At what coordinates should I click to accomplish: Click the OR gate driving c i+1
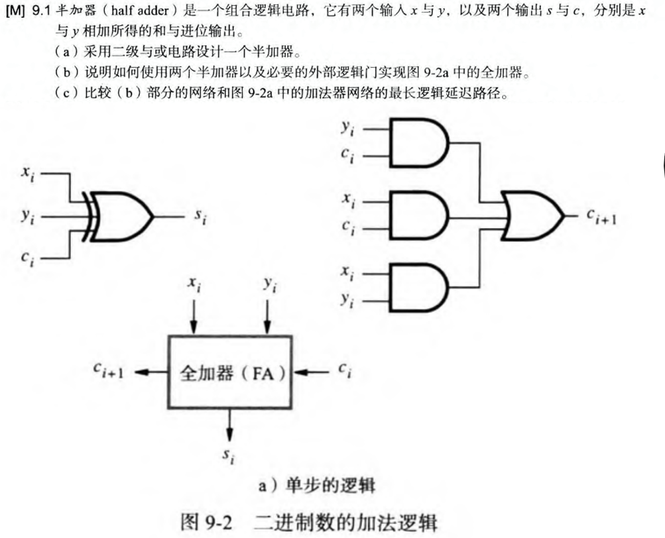point(532,216)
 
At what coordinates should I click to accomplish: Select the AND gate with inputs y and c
point(418,142)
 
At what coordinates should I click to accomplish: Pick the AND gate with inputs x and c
point(418,215)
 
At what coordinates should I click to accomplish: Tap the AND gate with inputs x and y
point(418,288)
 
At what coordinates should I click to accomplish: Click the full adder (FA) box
point(230,372)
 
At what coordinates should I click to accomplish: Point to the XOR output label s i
point(200,216)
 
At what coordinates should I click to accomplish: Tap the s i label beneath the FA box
point(228,457)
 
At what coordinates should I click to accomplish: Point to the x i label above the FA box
point(195,284)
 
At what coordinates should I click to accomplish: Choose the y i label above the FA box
point(270,284)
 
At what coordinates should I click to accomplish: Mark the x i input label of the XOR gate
point(29,174)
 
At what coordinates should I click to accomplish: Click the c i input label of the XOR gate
point(28,258)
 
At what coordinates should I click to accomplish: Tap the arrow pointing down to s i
point(229,425)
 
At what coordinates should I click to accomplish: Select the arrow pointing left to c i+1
point(151,372)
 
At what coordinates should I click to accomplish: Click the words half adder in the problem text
point(140,10)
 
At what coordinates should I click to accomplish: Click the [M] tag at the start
point(15,11)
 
